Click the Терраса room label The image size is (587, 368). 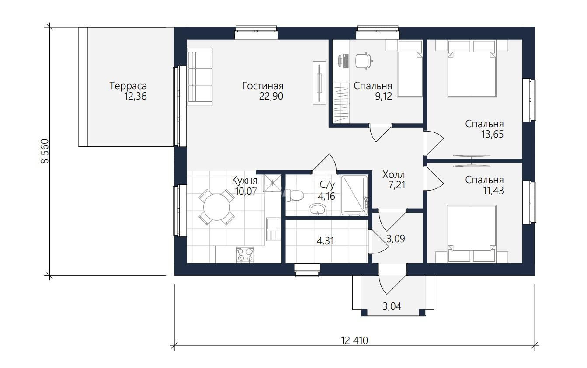pos(128,86)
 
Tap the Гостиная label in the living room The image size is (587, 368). pos(263,86)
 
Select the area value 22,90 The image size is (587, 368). pos(271,97)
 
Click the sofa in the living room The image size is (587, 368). pos(200,77)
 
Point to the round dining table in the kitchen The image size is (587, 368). pos(217,207)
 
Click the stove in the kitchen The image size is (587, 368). pos(245,255)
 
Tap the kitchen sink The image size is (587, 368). pos(273,229)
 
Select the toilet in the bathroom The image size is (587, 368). pos(295,195)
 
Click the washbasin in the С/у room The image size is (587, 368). pos(318,210)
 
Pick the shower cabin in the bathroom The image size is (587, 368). pos(354,195)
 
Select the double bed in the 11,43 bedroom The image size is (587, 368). pos(472,233)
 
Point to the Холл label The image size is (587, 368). pos(394,174)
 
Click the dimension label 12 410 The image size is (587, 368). pos(354,340)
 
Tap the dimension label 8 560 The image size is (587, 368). pos(45,151)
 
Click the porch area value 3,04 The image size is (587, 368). pos(392,306)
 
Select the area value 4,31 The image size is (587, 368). pos(326,241)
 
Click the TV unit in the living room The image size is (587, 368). pos(319,83)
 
